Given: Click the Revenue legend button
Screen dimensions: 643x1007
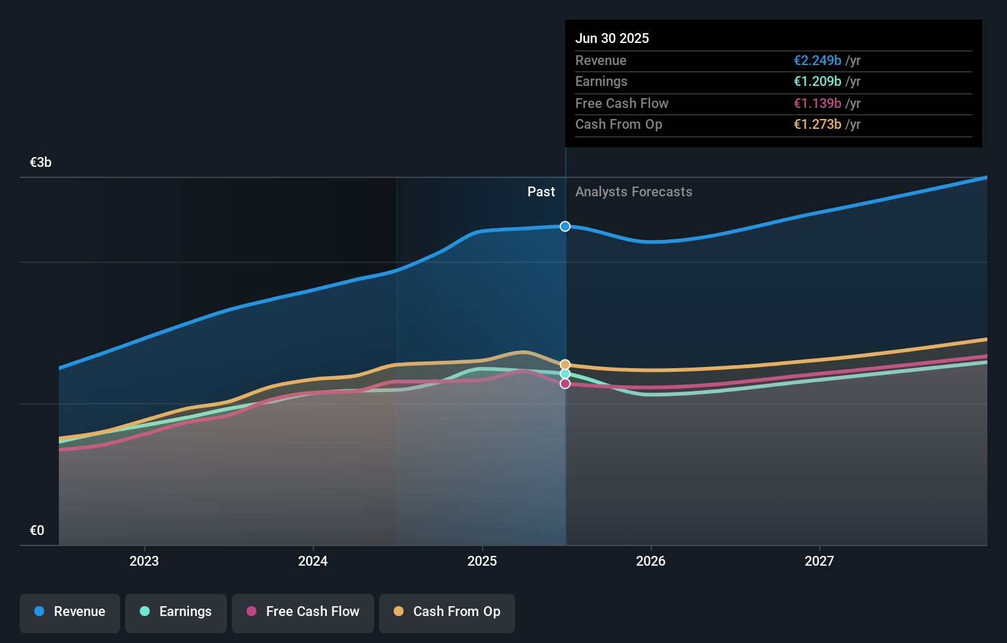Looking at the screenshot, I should (x=70, y=612).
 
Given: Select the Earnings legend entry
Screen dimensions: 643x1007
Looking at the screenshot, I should (x=176, y=612).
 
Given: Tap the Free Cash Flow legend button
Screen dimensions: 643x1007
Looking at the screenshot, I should (x=303, y=612).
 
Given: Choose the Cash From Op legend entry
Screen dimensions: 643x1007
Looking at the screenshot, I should (x=447, y=612).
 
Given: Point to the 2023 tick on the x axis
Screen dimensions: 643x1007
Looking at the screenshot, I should (x=144, y=561).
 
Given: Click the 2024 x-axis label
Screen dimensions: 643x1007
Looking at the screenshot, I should (x=313, y=561).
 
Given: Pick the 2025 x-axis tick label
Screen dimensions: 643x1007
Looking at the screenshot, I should (x=482, y=561).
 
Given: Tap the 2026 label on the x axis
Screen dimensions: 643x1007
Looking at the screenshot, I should (x=651, y=561).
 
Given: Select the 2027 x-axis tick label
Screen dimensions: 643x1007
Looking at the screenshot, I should (x=819, y=561).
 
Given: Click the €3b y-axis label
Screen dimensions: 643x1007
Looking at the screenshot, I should (x=41, y=163).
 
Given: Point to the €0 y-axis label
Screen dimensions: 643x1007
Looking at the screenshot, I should (x=37, y=531).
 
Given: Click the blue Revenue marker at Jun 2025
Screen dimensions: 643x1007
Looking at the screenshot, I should (x=565, y=226).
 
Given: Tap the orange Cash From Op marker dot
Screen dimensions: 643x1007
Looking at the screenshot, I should (x=565, y=364).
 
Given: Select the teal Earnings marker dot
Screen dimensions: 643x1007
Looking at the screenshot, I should (x=565, y=374).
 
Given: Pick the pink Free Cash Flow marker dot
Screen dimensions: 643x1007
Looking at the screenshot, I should (x=565, y=383).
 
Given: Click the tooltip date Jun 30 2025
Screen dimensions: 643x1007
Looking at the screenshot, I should (x=612, y=38).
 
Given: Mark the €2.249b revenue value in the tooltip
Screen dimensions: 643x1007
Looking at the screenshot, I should (x=817, y=61).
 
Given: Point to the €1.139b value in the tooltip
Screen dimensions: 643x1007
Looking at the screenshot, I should (x=817, y=104).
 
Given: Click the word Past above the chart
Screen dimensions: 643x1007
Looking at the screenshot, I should (x=541, y=192).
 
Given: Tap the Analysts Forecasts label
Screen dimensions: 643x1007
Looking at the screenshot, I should (x=634, y=192).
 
